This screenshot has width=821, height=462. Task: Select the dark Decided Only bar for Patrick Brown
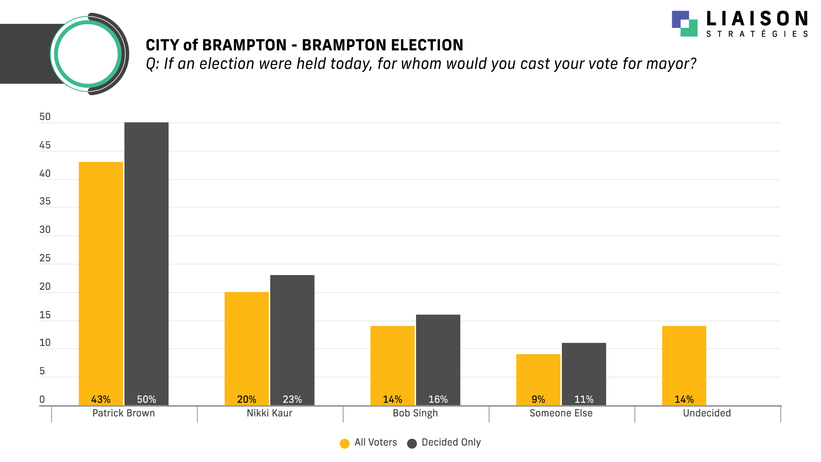(x=146, y=261)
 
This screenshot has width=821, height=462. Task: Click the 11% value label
(x=584, y=400)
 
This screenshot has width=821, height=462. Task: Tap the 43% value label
(x=101, y=400)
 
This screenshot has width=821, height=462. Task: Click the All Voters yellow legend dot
(x=345, y=444)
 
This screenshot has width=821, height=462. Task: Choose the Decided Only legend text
(x=451, y=442)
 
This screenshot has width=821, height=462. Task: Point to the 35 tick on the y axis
(x=45, y=201)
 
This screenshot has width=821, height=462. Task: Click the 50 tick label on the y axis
(x=45, y=117)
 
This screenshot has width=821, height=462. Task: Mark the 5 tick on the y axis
(x=42, y=371)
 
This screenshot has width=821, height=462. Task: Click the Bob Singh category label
(x=415, y=413)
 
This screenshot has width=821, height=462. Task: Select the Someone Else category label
(x=561, y=413)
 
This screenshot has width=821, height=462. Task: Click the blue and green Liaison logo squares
(x=685, y=24)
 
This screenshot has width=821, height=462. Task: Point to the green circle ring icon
(x=88, y=54)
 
